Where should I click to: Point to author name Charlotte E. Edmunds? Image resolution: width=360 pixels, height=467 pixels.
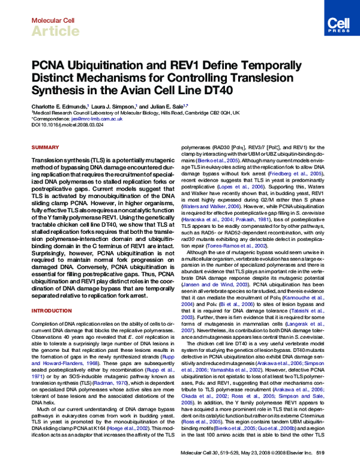[58, 105]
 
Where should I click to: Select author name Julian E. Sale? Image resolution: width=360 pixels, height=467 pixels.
[163, 105]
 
